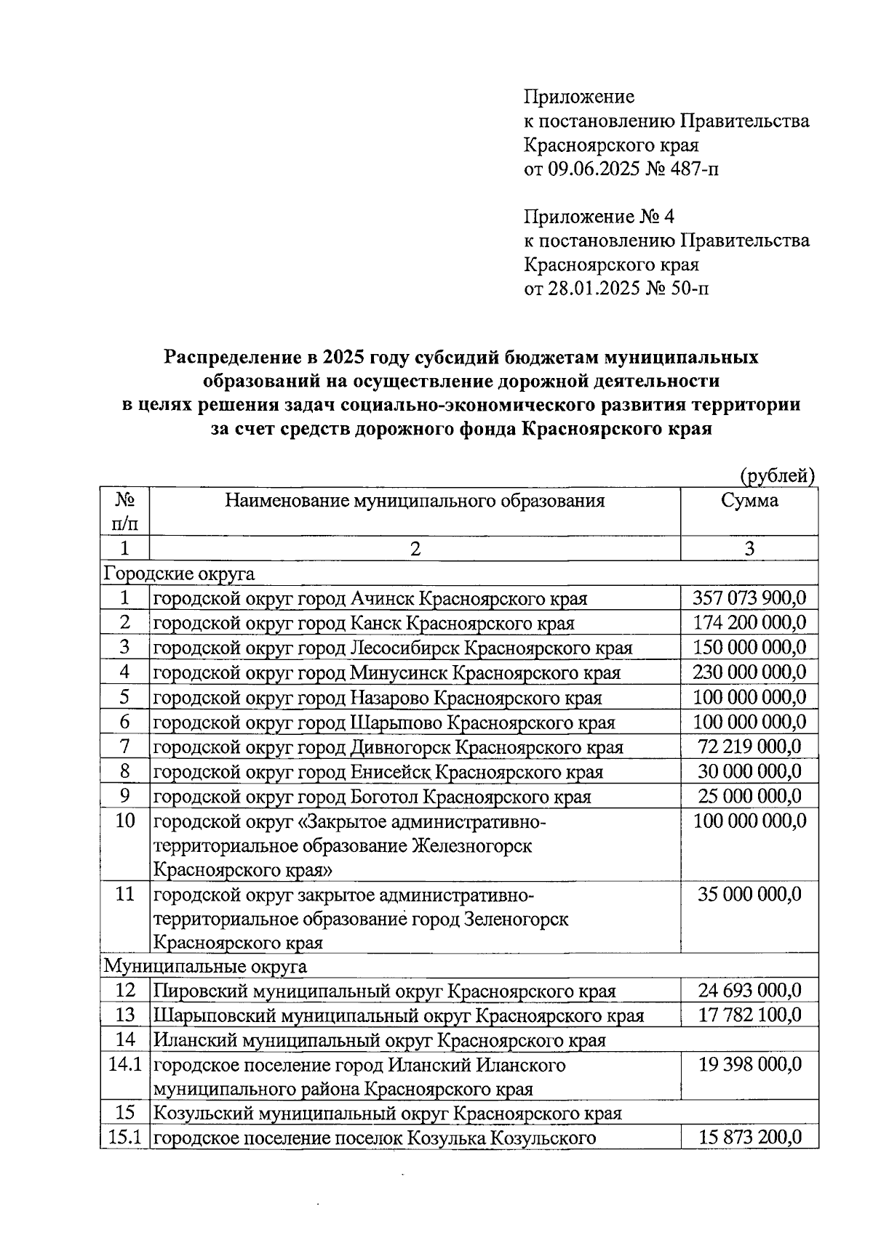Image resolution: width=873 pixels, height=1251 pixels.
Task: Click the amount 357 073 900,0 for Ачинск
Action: click(x=749, y=598)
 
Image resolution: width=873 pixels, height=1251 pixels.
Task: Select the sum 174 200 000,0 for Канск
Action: click(x=749, y=623)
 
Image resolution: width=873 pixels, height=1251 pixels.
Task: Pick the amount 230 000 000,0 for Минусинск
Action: click(x=749, y=672)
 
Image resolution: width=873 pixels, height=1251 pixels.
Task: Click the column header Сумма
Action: click(x=749, y=500)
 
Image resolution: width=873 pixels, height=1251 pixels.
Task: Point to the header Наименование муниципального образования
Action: click(x=415, y=500)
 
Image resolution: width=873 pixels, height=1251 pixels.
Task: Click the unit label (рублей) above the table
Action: click(x=777, y=476)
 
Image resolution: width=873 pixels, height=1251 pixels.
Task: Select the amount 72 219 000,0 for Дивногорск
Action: click(x=749, y=747)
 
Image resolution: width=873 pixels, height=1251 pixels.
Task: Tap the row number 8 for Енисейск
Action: click(x=124, y=771)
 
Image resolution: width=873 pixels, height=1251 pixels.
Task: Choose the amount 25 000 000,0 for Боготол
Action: click(x=749, y=796)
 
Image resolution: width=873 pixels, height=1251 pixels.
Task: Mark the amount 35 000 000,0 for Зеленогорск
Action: click(x=749, y=894)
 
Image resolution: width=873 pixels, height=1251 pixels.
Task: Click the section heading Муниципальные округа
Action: click(x=205, y=967)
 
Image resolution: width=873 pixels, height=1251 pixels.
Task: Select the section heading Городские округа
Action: click(x=179, y=574)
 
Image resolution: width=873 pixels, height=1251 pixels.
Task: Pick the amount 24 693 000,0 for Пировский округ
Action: click(x=749, y=991)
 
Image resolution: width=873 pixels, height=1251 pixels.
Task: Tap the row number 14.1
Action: click(x=124, y=1065)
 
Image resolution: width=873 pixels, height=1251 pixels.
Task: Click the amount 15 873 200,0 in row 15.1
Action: click(x=749, y=1138)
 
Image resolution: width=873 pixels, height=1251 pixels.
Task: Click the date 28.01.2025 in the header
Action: click(x=595, y=289)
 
